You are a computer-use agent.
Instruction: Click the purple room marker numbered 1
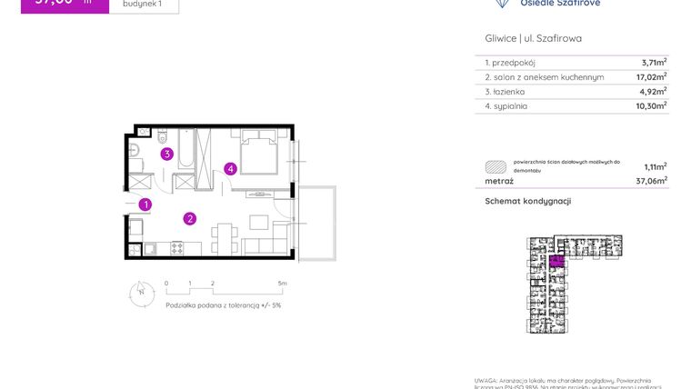pyautogui.click(x=145, y=205)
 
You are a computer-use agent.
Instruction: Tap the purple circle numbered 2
pyautogui.click(x=189, y=218)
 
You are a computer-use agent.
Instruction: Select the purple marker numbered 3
pyautogui.click(x=167, y=155)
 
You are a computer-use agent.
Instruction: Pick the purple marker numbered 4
pyautogui.click(x=232, y=168)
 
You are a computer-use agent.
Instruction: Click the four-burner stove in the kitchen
pyautogui.click(x=176, y=247)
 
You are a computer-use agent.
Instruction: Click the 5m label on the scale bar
pyautogui.click(x=283, y=284)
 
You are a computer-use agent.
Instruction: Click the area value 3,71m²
pyautogui.click(x=654, y=63)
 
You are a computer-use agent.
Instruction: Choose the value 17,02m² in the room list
pyautogui.click(x=651, y=77)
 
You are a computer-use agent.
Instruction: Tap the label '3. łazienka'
pyautogui.click(x=507, y=92)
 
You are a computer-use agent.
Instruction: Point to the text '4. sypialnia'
pyautogui.click(x=506, y=106)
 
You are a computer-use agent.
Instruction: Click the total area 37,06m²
pyautogui.click(x=652, y=180)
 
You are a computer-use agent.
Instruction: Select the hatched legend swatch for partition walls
pyautogui.click(x=496, y=166)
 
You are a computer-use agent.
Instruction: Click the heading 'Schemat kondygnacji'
pyautogui.click(x=527, y=201)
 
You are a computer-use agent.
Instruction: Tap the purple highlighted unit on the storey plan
pyautogui.click(x=556, y=260)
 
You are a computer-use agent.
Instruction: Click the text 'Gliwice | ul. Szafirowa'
pyautogui.click(x=534, y=38)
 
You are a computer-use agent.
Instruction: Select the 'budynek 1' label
pyautogui.click(x=143, y=4)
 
